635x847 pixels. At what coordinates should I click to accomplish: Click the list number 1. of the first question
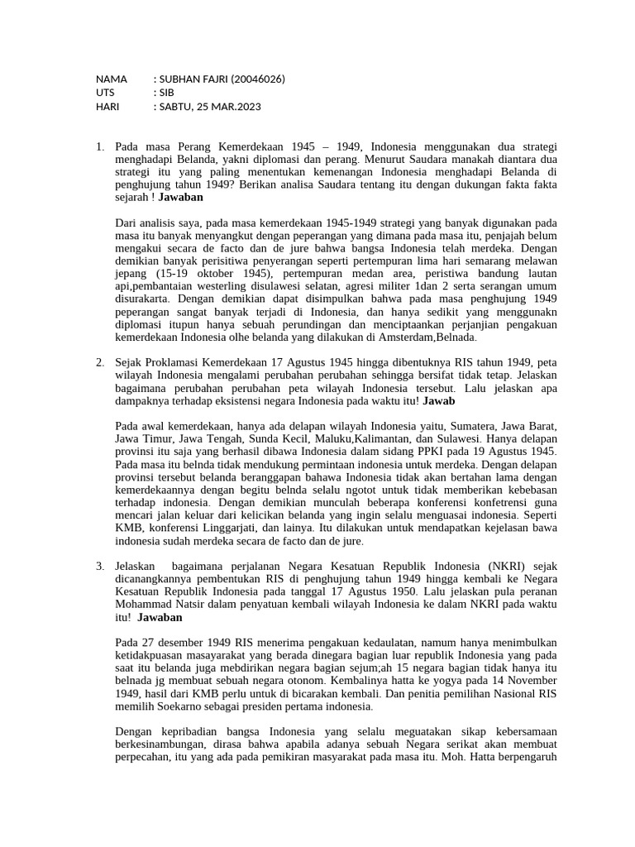pos(99,147)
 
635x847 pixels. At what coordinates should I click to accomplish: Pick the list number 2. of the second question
pos(99,362)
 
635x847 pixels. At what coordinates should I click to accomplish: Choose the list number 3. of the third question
pos(99,566)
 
